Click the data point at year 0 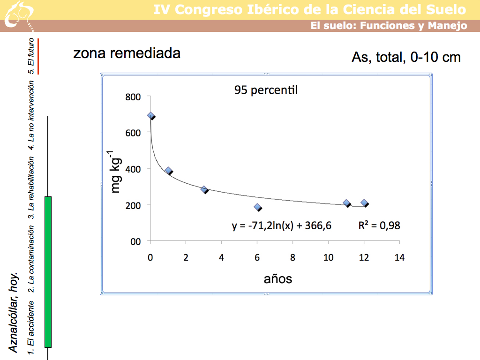pyautogui.click(x=150, y=115)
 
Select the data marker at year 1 pyautogui.click(x=168, y=171)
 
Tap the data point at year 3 pyautogui.click(x=204, y=189)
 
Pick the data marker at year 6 pyautogui.click(x=257, y=207)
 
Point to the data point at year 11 pyautogui.click(x=346, y=203)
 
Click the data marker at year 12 pyautogui.click(x=364, y=203)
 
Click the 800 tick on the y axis pyautogui.click(x=133, y=97)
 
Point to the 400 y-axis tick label pyautogui.click(x=133, y=169)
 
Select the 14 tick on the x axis pyautogui.click(x=399, y=257)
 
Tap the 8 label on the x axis pyautogui.click(x=292, y=257)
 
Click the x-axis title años pyautogui.click(x=278, y=279)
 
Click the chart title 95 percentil pyautogui.click(x=266, y=90)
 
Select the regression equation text pyautogui.click(x=282, y=226)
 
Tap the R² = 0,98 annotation pyautogui.click(x=379, y=225)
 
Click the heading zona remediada pyautogui.click(x=127, y=53)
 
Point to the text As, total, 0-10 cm pyautogui.click(x=406, y=57)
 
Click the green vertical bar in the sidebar pyautogui.click(x=48, y=272)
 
